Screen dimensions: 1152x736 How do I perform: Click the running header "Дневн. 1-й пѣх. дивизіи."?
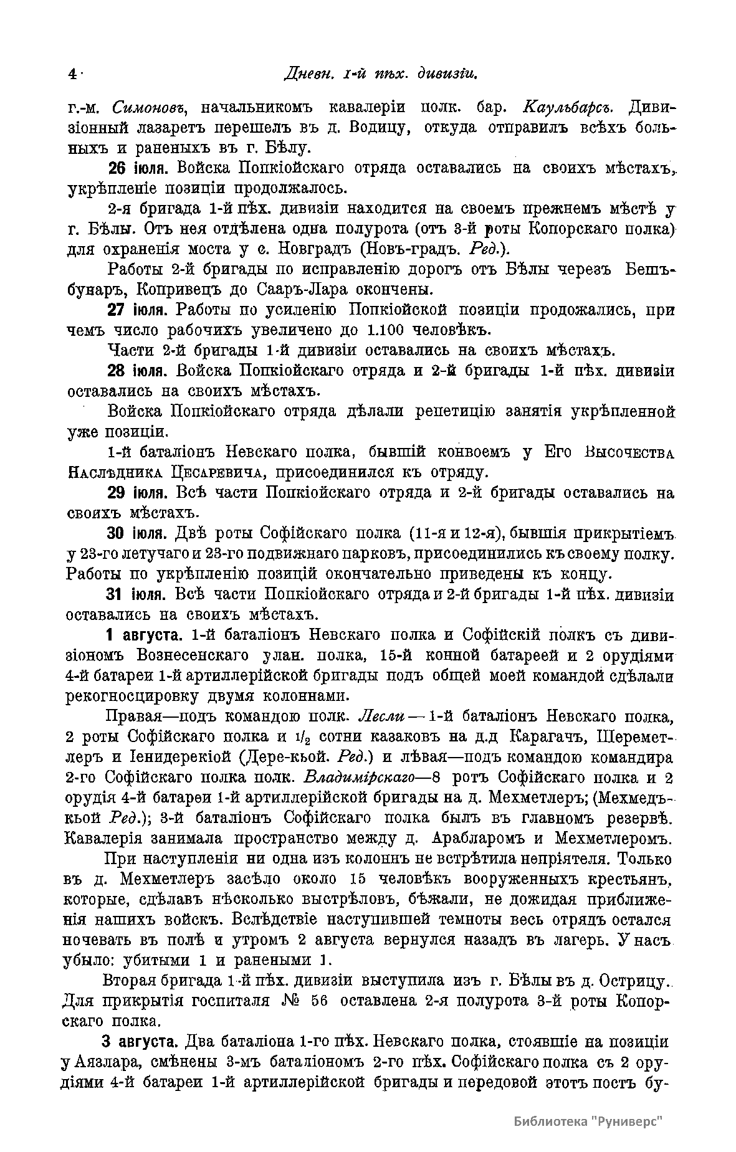(x=380, y=74)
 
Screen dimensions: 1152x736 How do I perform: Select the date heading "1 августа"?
(x=144, y=635)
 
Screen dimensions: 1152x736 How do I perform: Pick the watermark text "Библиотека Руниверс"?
(x=588, y=1121)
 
